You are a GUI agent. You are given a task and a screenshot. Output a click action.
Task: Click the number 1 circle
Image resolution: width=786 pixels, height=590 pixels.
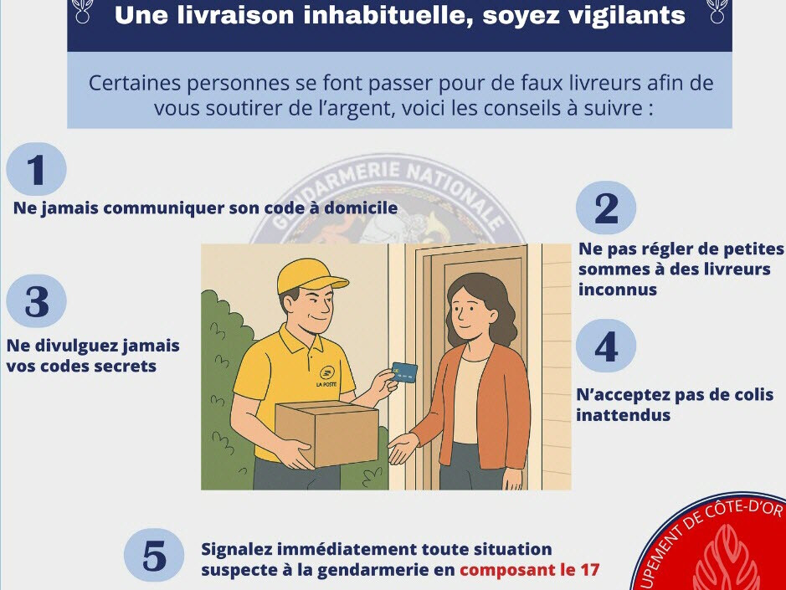[36, 168]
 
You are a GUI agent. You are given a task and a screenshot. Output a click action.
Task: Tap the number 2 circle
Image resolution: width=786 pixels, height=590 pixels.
[605, 208]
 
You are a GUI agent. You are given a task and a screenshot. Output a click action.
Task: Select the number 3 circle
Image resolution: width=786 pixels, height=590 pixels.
[36, 300]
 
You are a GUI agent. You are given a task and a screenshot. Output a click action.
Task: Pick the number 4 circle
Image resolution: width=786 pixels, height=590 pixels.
[605, 346]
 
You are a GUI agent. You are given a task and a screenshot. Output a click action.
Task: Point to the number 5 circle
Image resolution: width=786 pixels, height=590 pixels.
[154, 555]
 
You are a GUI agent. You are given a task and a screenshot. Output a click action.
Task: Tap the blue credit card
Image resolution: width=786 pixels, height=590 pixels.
[404, 372]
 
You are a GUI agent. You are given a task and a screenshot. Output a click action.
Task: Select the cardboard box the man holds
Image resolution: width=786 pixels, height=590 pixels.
[326, 433]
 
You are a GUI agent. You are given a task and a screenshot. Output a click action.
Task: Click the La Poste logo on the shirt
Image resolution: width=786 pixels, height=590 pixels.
[326, 377]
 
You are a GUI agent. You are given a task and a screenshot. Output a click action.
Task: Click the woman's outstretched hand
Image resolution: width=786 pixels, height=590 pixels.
[403, 447]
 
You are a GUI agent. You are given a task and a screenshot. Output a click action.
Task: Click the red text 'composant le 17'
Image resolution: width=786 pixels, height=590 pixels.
[529, 570]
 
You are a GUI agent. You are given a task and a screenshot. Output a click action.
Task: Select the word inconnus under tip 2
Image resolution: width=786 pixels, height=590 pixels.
[618, 290]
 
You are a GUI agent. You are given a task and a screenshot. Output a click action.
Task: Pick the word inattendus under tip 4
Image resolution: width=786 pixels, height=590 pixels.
[623, 415]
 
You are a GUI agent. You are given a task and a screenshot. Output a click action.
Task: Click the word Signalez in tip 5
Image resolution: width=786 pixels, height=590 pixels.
[236, 550]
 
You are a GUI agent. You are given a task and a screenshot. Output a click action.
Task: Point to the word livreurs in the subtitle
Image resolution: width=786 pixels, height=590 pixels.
[604, 83]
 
